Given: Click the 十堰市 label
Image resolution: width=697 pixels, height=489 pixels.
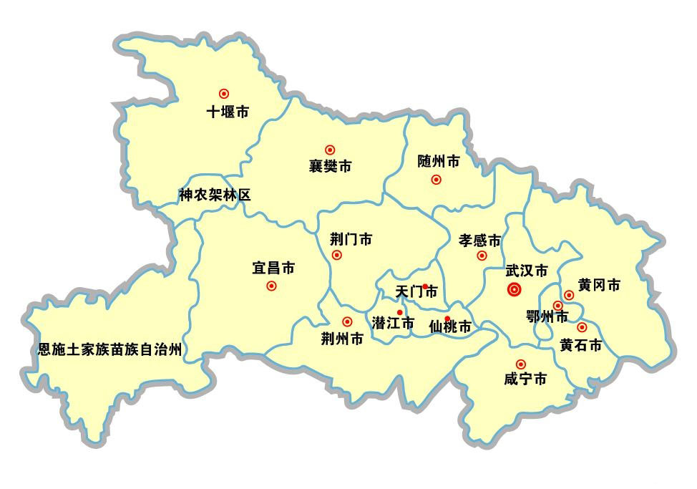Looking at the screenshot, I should (227, 112).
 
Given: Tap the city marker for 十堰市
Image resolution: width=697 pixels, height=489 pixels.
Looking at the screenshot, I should (224, 93).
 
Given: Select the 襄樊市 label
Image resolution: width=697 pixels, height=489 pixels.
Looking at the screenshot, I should (330, 167).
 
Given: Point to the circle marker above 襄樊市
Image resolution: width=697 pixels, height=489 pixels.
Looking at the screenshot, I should (330, 150).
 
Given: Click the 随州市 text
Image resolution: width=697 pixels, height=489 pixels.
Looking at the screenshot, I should (439, 162).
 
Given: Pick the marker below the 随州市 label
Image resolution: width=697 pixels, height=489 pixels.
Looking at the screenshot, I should (436, 180).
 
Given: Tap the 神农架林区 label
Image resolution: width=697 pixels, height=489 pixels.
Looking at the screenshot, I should (215, 195).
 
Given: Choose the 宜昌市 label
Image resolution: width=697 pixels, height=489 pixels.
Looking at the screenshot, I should (273, 268).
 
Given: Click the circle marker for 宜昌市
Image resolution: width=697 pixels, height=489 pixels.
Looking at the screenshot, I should (271, 286).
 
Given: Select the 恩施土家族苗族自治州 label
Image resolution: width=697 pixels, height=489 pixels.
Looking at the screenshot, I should (110, 350).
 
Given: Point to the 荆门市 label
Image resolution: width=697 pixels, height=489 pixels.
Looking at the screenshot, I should (351, 239).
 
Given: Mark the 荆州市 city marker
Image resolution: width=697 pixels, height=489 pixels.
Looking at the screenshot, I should (347, 322).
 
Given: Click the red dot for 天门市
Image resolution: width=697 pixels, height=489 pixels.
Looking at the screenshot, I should (425, 286).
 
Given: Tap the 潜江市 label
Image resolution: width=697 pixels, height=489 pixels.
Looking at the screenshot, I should (393, 324).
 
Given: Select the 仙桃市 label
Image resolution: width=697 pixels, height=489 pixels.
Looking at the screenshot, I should (450, 327).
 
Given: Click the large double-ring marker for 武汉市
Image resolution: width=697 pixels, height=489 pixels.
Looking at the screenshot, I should (514, 289).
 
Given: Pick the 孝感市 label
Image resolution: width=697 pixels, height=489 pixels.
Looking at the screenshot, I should (479, 240).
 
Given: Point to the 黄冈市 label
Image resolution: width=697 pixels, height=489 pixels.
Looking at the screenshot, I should (599, 285).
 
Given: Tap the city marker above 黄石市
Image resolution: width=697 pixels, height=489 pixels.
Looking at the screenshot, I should (582, 327).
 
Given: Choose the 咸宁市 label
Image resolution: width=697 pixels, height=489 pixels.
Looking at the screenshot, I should (525, 379).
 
